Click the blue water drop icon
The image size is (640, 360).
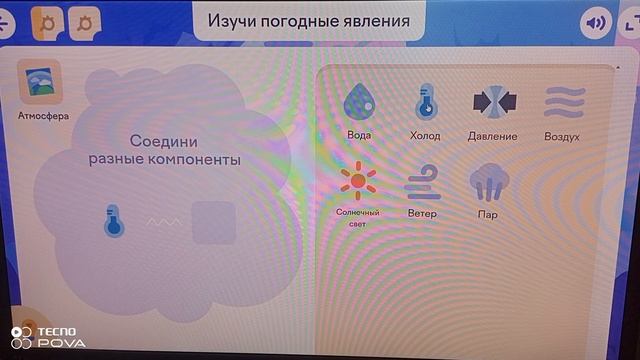pyautogui.click(x=358, y=101)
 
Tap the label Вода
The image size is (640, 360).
pyautogui.click(x=358, y=135)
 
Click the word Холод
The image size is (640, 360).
pyautogui.click(x=425, y=135)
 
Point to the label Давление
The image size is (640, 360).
pyautogui.click(x=492, y=135)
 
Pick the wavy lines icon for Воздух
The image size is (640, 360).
pyautogui.click(x=562, y=101)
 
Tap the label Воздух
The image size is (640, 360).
pyautogui.click(x=562, y=135)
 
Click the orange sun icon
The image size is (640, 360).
pyautogui.click(x=357, y=181)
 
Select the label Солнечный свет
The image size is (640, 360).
pyautogui.click(x=357, y=217)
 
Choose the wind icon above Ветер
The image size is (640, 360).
pyautogui.click(x=422, y=181)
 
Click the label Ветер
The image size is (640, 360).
pyautogui.click(x=422, y=214)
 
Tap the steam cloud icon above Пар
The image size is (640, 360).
pyautogui.click(x=488, y=181)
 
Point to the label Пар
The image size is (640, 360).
pyautogui.click(x=488, y=214)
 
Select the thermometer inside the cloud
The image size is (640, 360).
pyautogui.click(x=114, y=221)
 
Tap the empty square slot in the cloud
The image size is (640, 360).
pyautogui.click(x=213, y=222)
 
